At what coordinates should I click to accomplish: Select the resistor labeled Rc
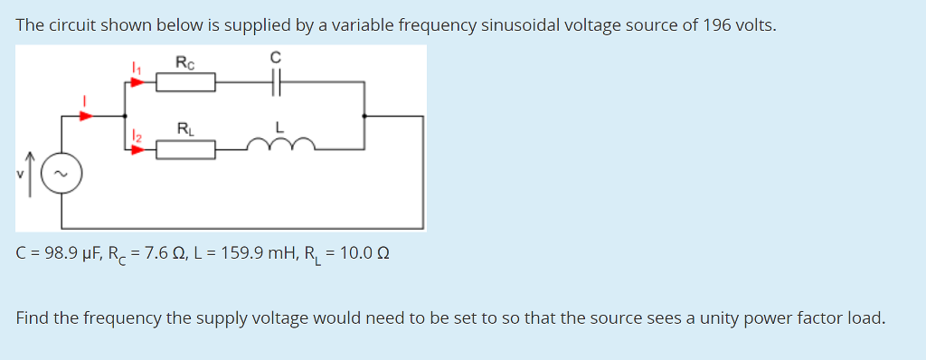(185, 84)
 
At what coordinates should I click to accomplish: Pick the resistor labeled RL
(185, 149)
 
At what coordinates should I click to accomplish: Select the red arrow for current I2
(137, 149)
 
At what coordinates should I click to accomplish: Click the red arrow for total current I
(87, 115)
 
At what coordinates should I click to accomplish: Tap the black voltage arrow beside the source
(34, 172)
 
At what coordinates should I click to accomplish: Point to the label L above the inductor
(280, 128)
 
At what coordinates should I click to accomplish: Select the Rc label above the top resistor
(184, 62)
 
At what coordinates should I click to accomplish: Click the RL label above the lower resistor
(184, 128)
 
